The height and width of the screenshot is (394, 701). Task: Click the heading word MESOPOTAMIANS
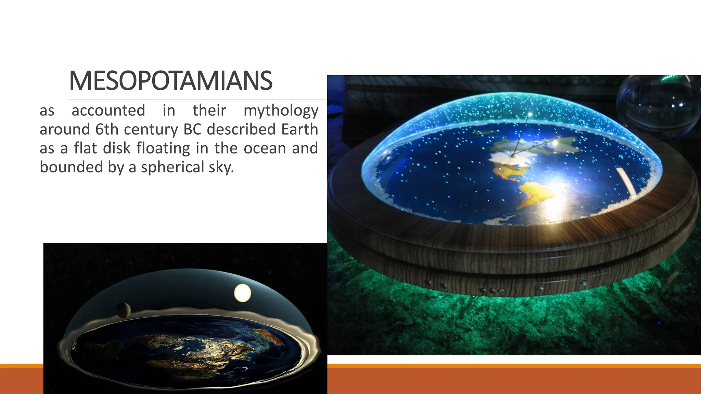(170, 81)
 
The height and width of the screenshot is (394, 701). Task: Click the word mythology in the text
(281, 111)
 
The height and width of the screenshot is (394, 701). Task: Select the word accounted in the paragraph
(108, 110)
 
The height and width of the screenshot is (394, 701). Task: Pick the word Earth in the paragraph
(299, 130)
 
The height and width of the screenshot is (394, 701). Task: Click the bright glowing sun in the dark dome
(242, 293)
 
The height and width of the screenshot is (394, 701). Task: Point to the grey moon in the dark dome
(123, 310)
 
